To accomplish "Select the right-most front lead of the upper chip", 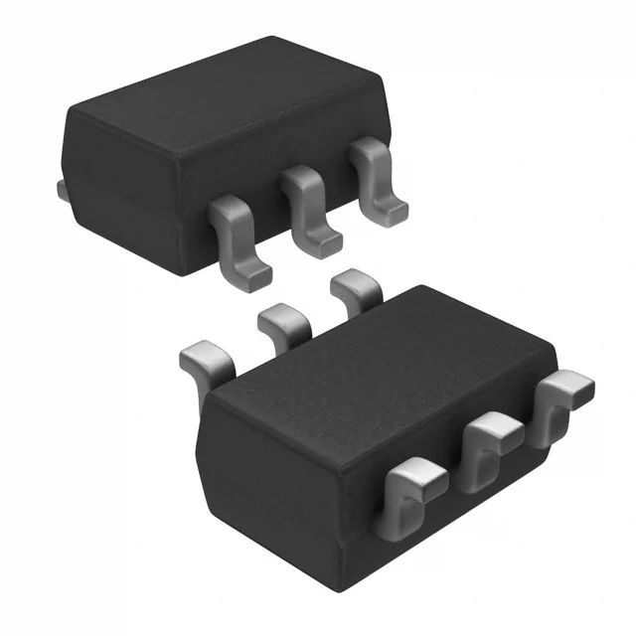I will click(376, 177).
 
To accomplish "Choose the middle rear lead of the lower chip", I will click(284, 322).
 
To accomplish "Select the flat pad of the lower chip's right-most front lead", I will click(568, 385).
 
